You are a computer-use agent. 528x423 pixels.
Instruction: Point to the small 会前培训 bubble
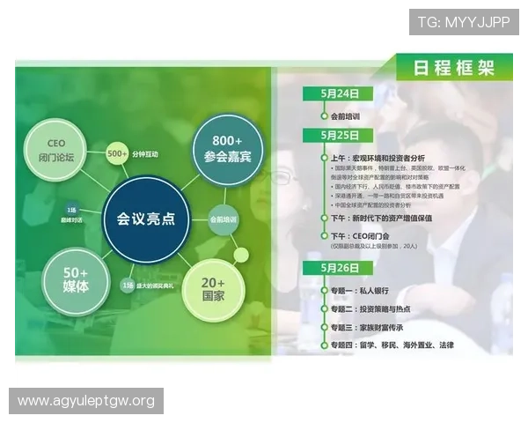(223, 219)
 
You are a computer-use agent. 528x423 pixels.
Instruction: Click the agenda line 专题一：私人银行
(368, 289)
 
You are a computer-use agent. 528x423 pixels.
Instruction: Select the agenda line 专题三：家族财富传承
(379, 327)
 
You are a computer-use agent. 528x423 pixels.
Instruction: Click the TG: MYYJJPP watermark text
(463, 22)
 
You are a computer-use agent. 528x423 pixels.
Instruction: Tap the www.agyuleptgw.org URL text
(86, 401)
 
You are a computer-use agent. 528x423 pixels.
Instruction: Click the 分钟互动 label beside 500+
(147, 154)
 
